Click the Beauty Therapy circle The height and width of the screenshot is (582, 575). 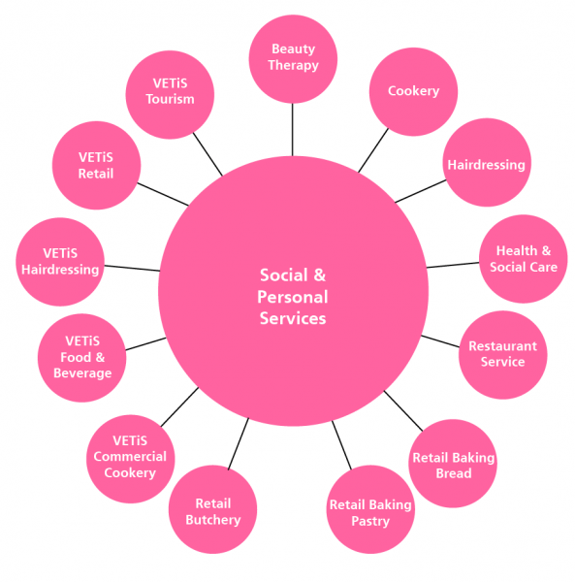click(x=293, y=59)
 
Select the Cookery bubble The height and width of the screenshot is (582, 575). click(x=413, y=92)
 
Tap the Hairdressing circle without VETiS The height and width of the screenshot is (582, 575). click(x=487, y=163)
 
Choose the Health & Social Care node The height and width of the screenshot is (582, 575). click(x=523, y=259)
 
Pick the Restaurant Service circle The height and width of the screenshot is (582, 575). click(x=502, y=355)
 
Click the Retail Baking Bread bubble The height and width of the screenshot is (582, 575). click(x=453, y=464)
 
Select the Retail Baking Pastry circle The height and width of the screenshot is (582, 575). click(x=370, y=509)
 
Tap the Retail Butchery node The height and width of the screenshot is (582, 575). click(x=213, y=509)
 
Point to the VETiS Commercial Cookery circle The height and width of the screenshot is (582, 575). click(x=131, y=459)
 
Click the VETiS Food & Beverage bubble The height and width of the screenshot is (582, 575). click(x=82, y=358)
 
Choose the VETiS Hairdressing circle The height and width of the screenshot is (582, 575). click(x=60, y=262)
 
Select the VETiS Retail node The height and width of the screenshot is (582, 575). click(x=96, y=166)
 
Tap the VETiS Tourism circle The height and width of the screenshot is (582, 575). click(x=170, y=95)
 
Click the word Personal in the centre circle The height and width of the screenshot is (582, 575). click(x=293, y=298)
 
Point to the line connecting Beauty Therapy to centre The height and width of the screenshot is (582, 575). click(x=292, y=130)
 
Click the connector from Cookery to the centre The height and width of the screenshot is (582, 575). click(x=373, y=150)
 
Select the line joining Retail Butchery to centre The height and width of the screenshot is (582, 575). click(x=239, y=444)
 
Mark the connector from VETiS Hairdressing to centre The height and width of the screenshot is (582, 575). click(x=132, y=268)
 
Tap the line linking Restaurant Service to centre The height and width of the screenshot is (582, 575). click(x=440, y=341)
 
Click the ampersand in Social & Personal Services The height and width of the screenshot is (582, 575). click(x=319, y=275)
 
